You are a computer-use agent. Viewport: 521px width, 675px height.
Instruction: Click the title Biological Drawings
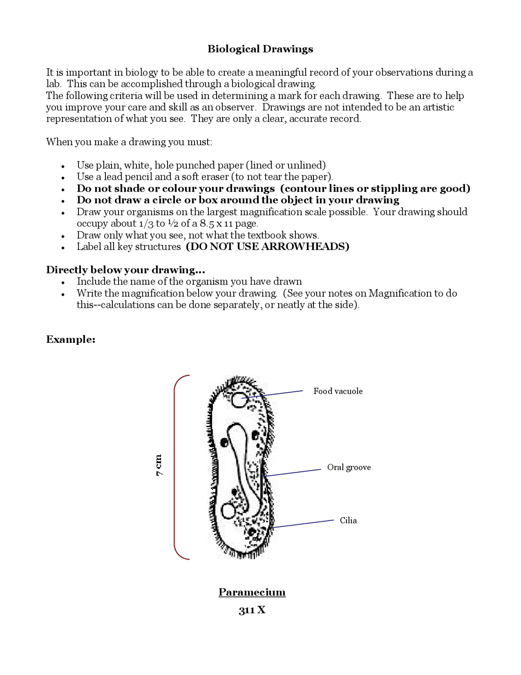pyautogui.click(x=260, y=49)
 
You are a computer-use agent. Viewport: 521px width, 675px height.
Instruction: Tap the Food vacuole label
pyautogui.click(x=338, y=391)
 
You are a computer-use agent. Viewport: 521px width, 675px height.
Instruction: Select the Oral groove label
pyautogui.click(x=349, y=467)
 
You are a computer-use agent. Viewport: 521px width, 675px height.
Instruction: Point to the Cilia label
pyautogui.click(x=348, y=520)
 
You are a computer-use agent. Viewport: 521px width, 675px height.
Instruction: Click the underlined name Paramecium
pyautogui.click(x=252, y=592)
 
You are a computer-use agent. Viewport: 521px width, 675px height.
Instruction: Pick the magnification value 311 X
pyautogui.click(x=252, y=610)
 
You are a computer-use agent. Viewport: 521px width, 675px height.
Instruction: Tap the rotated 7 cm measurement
pyautogui.click(x=159, y=465)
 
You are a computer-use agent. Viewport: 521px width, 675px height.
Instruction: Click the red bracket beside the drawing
pyautogui.click(x=175, y=467)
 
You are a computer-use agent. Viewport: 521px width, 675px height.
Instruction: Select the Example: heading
pyautogui.click(x=71, y=339)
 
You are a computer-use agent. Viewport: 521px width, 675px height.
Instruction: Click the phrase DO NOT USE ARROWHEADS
pyautogui.click(x=267, y=247)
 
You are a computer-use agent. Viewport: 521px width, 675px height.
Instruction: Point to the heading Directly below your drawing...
pyautogui.click(x=125, y=270)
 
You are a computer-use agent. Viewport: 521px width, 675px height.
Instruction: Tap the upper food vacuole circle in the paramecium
pyautogui.click(x=239, y=400)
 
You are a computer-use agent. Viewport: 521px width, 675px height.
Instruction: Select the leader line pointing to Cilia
pyautogui.click(x=303, y=524)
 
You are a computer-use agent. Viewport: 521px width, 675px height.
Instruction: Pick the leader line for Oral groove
pyautogui.click(x=291, y=473)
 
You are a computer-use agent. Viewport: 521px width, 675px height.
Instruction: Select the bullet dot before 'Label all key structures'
pyautogui.click(x=63, y=247)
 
